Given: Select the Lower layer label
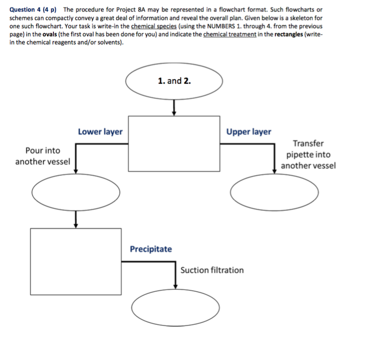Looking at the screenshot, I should pos(100,132).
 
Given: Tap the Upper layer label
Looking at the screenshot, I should pos(248,132).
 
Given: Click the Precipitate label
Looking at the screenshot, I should pos(151,249).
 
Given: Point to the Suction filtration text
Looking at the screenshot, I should pos(212,270).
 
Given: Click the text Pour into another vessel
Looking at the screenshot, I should pos(43,156).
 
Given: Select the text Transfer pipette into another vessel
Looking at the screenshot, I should pos(308,155).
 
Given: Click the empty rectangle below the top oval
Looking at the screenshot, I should pos(174,144).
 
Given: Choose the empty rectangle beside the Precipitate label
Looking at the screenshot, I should pos(75,261).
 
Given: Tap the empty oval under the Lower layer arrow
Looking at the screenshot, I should pos(75,192).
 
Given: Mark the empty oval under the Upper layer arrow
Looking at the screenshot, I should pos(274,192).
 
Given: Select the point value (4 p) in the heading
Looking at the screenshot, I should pos(52,9).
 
